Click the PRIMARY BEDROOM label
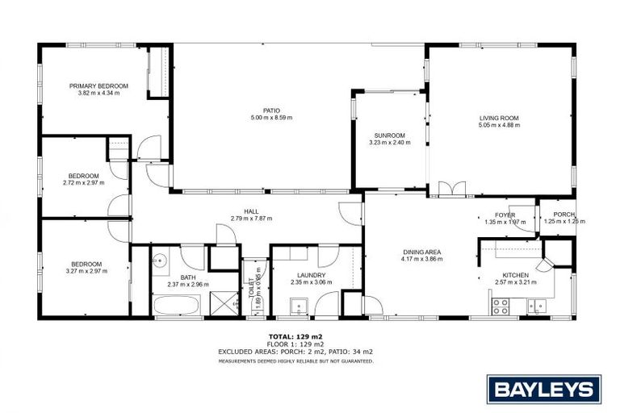pos(98,86)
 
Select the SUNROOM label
pos(389,135)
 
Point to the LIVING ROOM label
pos(498,118)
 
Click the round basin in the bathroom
pos(161,260)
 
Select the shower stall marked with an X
pos(223,304)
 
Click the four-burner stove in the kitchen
pos(501,306)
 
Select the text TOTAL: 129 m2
pos(295,336)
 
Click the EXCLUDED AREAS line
pos(295,352)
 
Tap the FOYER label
pos(505,215)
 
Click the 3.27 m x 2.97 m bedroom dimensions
pos(86,271)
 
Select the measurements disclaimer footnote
pos(295,361)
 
